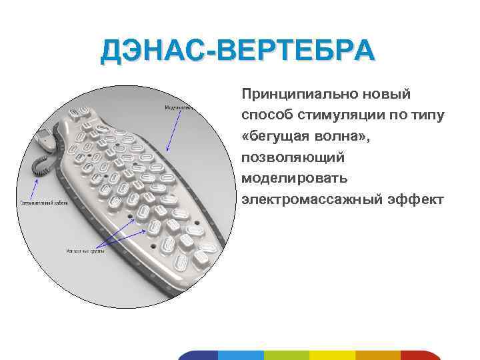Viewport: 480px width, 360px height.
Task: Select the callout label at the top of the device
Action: [x=179, y=107]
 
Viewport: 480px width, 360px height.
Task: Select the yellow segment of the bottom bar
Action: [x=332, y=355]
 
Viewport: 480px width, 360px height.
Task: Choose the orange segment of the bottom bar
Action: [x=377, y=355]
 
